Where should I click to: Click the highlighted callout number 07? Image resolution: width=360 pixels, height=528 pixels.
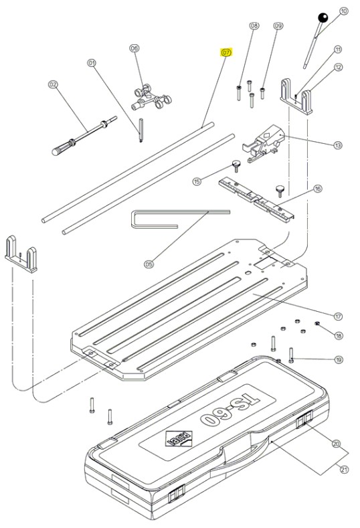tap(226, 52)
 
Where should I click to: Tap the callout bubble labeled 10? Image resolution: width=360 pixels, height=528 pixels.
tap(344, 11)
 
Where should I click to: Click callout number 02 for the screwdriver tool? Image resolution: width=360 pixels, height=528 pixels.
tap(52, 84)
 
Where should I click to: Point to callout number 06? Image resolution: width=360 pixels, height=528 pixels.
tap(134, 48)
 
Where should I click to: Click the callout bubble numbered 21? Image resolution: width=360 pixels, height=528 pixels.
tap(345, 470)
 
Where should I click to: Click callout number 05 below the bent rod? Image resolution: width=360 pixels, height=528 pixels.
tap(149, 264)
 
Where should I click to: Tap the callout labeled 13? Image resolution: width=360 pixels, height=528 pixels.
tap(338, 145)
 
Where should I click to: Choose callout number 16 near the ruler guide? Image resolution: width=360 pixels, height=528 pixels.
tap(337, 189)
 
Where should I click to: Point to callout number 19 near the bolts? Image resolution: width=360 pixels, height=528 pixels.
tap(339, 360)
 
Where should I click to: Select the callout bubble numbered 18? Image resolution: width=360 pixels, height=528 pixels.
tap(339, 335)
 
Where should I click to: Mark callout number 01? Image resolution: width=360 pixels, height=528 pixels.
tap(92, 63)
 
